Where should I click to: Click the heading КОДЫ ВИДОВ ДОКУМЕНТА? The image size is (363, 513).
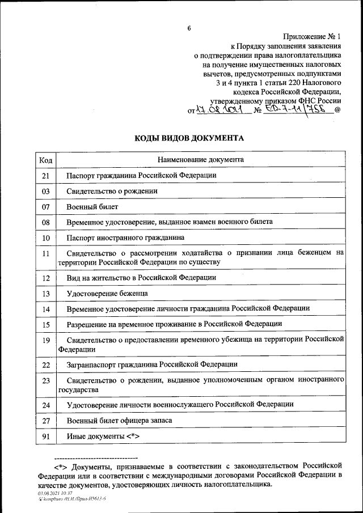[x=189, y=138]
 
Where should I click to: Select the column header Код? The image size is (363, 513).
[x=46, y=160]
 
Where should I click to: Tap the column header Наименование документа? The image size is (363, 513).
[x=201, y=160]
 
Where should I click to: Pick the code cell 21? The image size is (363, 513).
[x=46, y=176]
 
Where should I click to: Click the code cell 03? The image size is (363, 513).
[x=46, y=192]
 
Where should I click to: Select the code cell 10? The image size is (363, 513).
[x=46, y=238]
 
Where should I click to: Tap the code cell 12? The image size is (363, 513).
[x=46, y=278]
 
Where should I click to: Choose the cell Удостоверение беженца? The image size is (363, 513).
[x=107, y=293]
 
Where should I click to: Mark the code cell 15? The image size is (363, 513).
[x=46, y=324]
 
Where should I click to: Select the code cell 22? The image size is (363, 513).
[x=46, y=364]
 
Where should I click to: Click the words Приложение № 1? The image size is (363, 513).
[x=314, y=35]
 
